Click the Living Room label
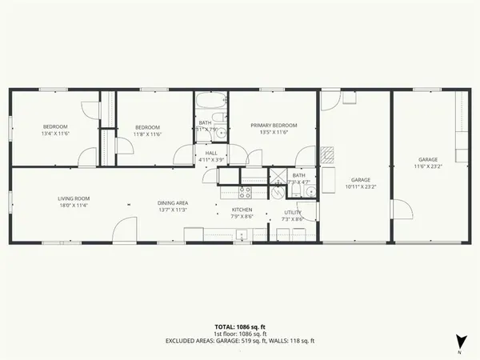73,202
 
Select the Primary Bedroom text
273,129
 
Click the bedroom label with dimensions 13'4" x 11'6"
56,130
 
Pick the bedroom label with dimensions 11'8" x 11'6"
148,130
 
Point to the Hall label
211,156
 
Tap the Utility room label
292,215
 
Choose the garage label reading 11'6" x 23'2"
429,162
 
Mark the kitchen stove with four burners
246,191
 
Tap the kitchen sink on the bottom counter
240,235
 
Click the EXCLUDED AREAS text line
240,341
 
